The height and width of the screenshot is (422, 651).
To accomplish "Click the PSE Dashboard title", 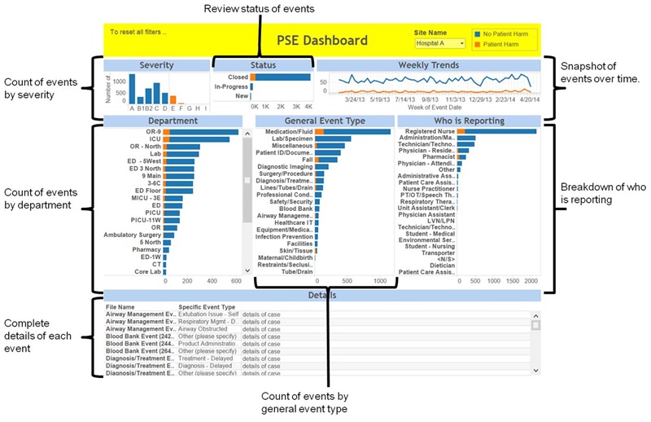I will [x=322, y=40].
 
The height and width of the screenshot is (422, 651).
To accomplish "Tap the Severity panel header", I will [x=156, y=64].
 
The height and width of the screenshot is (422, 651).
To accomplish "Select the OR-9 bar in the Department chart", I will [x=203, y=131].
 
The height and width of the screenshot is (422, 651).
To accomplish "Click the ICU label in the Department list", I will [x=154, y=139].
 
